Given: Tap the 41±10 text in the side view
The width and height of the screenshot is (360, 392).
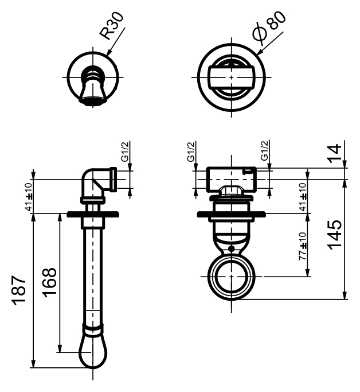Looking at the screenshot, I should click(x=27, y=196).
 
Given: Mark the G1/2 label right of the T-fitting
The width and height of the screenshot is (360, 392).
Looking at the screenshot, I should click(x=264, y=153).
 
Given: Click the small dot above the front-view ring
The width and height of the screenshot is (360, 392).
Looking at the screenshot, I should click(x=230, y=249).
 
